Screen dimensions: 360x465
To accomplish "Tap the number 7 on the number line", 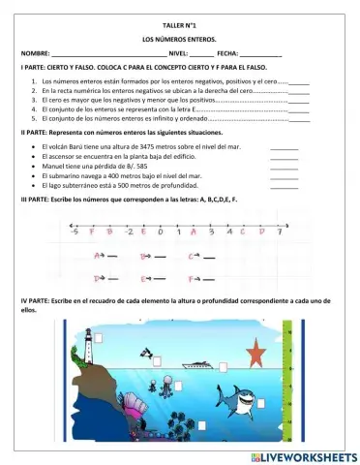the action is click(278, 232).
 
